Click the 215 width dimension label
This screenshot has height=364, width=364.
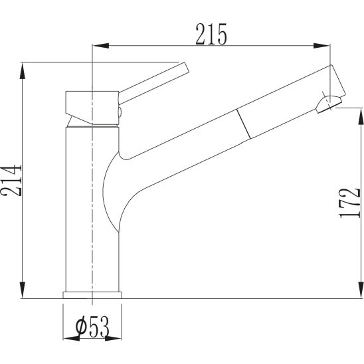tap(211, 34)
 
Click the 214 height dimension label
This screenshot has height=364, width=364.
tap(11, 181)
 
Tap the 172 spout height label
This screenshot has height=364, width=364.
tap(349, 203)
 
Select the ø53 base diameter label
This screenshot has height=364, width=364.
tap(92, 327)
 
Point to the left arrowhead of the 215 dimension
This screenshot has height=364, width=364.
tap(100, 45)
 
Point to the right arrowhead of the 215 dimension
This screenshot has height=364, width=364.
tap(321, 45)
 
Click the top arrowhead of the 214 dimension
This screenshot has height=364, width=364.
tap(23, 71)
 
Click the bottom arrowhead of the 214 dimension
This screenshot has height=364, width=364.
tap(23, 290)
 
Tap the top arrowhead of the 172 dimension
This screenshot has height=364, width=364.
tap(361, 116)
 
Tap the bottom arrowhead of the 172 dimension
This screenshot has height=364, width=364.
tap(361, 290)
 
